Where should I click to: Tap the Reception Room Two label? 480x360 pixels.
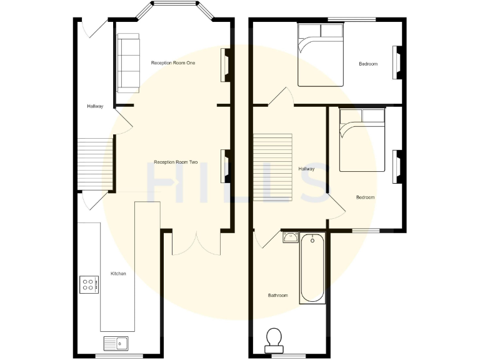pos(176,162)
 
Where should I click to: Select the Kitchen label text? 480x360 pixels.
pos(118,274)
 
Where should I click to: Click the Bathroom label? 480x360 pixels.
pos(277,295)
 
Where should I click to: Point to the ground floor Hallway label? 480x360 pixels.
pos(95,106)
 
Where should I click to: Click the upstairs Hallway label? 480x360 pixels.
pos(306,169)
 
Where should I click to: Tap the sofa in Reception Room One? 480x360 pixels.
pos(127,62)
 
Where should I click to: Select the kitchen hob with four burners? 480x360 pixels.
pos(88,285)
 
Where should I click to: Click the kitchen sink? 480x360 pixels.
pos(116,342)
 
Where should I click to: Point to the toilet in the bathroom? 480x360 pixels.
pos(274,338)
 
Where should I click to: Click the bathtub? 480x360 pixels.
pos(312,268)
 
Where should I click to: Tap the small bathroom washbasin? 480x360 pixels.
pos(290,237)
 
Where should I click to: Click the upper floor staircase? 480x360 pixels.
pos(272,167)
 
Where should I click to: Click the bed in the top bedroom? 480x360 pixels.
pos(320,55)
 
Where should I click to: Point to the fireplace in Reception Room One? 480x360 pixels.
pos(224,65)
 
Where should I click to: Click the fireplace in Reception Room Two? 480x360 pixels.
pos(224,167)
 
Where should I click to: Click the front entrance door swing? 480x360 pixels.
pos(91,29)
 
